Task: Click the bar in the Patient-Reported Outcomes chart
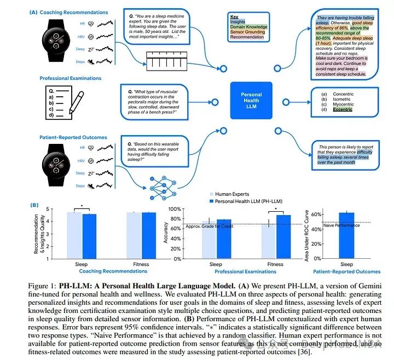click(x=346, y=236)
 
